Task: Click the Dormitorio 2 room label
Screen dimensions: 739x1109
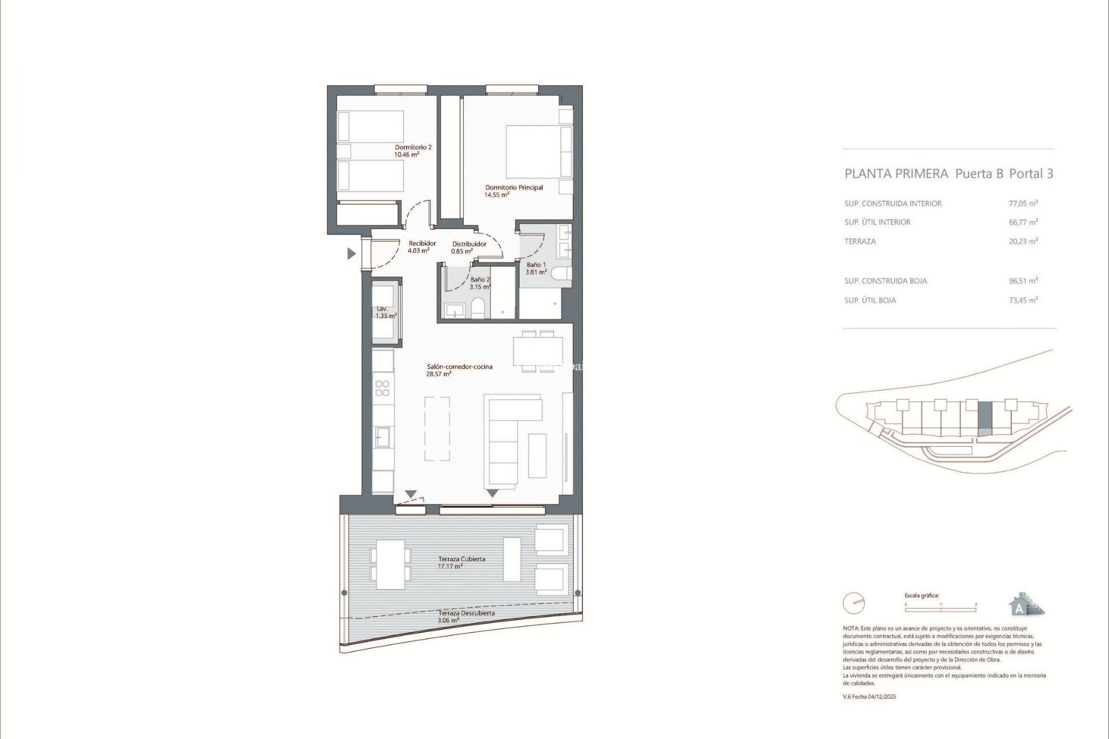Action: (x=413, y=147)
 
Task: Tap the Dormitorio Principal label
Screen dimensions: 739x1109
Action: (x=513, y=188)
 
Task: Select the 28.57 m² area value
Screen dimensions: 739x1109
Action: (x=438, y=374)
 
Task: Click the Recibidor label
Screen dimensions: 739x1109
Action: (x=422, y=244)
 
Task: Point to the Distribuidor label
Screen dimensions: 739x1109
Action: (x=469, y=244)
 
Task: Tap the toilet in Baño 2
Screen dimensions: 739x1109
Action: (x=478, y=308)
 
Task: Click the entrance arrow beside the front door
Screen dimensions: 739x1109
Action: (x=351, y=253)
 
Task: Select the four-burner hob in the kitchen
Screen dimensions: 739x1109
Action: (x=382, y=388)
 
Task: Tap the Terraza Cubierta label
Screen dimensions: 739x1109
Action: (x=462, y=559)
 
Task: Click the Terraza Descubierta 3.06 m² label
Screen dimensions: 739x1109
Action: (x=466, y=617)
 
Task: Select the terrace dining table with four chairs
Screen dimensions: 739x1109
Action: (x=390, y=564)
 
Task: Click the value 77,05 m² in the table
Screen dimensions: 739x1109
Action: (x=1023, y=203)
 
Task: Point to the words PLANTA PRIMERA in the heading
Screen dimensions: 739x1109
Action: (x=896, y=174)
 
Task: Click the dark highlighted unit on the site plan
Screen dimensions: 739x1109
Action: (x=985, y=419)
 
